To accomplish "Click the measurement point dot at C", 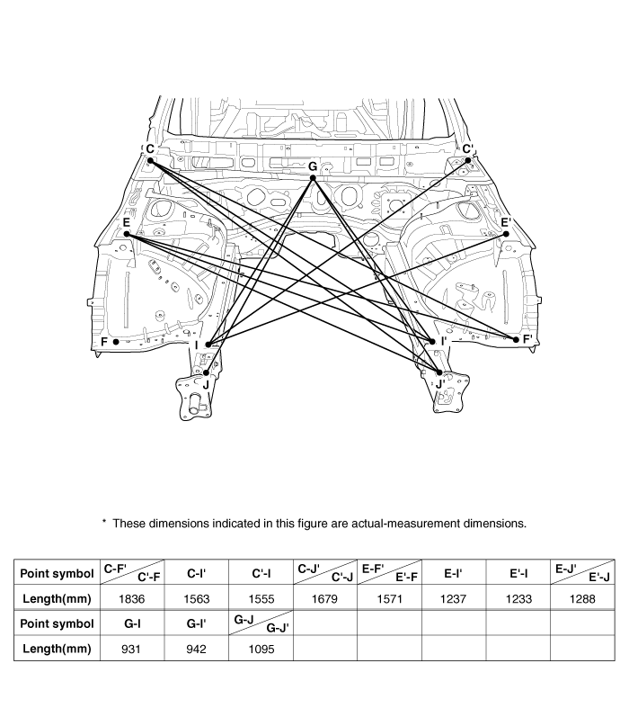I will coord(151,161).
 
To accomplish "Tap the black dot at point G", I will coord(313,178).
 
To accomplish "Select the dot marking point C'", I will coord(468,160).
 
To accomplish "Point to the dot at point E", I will coord(127,234).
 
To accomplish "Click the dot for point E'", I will coord(506,234).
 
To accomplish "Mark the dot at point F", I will coord(116,342).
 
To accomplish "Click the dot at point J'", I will coord(439,372).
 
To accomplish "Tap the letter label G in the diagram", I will coord(313,166).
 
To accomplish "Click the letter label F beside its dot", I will coord(104,342).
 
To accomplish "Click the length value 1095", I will coord(261,647).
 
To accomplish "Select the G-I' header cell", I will coord(197,623).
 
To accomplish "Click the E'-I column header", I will coord(518,572).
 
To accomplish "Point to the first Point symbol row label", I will coord(55,572).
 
